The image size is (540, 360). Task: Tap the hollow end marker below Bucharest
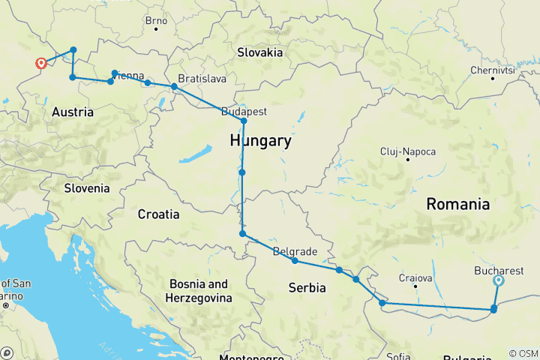coord(499,281)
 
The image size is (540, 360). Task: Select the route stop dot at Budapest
coord(244,121)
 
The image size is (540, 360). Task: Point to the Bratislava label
coord(202,78)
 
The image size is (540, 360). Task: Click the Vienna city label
coord(129,75)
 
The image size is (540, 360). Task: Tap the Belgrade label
coord(295,251)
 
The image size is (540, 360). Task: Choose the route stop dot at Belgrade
coord(295,261)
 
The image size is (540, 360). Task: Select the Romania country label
coord(457,204)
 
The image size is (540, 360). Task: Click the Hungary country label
coord(260,141)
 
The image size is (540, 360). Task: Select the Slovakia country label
coord(259,52)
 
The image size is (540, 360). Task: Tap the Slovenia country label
coord(86,188)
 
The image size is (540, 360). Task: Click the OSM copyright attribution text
coord(523,353)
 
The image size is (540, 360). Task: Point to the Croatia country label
coord(158,214)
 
